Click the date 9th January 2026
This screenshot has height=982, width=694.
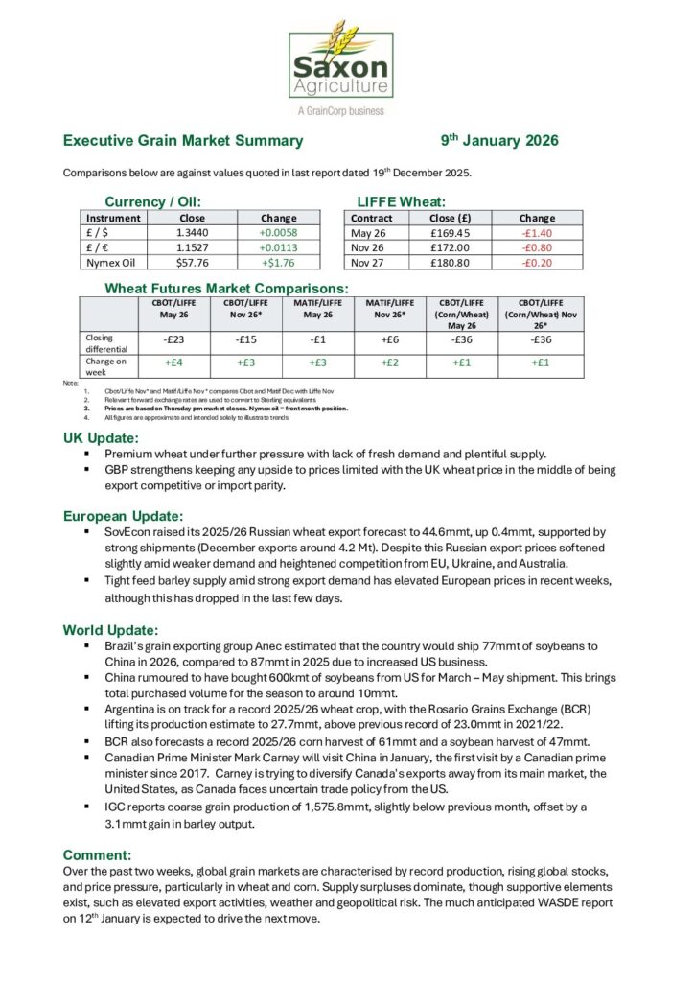click(x=498, y=141)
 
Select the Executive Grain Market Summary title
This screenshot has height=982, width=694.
click(x=183, y=141)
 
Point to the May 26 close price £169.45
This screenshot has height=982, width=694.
click(x=451, y=232)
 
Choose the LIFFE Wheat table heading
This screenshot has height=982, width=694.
click(x=402, y=201)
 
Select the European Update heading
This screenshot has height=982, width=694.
click(x=129, y=516)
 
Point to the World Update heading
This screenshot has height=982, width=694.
click(x=110, y=630)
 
